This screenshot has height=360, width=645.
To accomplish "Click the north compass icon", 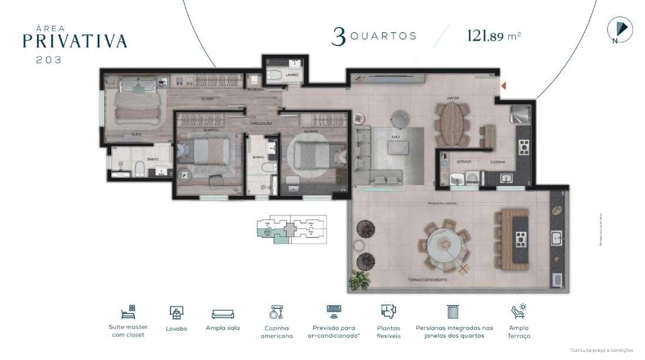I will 620,30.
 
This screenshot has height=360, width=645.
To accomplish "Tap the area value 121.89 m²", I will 494,35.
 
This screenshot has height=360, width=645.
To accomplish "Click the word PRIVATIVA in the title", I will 75,41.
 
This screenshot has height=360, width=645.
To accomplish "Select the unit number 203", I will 48,59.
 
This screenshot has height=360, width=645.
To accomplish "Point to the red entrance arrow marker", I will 503,87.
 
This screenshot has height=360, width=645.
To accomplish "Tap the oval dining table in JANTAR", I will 452,124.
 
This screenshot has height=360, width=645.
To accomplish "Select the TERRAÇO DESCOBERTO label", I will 426,280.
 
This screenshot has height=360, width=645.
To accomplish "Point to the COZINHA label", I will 499,161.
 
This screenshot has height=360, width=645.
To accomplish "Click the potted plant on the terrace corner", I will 359,280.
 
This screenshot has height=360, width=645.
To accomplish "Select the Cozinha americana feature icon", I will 276,312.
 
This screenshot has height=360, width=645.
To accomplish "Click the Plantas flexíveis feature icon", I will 388,312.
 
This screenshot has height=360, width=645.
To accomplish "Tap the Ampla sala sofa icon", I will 223,314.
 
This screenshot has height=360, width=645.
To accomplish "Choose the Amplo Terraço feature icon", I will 519,312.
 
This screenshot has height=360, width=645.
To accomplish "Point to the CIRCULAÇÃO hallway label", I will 261,123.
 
